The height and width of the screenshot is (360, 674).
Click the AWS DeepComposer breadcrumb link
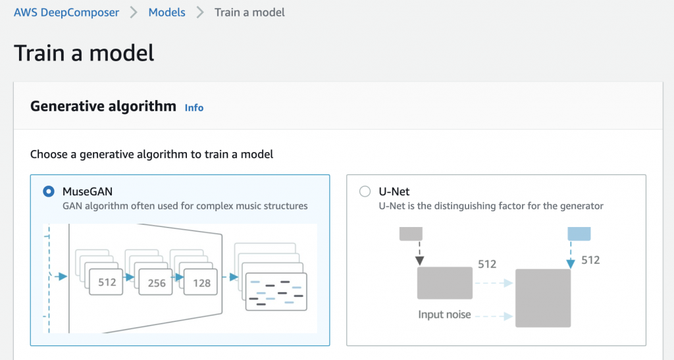(66, 13)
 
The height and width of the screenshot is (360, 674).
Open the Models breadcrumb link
(167, 13)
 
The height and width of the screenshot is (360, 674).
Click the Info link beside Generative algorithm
(194, 108)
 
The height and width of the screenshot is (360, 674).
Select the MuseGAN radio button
(49, 191)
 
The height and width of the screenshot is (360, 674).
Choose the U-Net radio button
(365, 191)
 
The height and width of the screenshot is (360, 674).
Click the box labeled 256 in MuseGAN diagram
(155, 282)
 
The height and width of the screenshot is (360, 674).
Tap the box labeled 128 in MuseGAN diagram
(201, 282)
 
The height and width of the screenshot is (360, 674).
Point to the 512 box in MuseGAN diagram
(106, 282)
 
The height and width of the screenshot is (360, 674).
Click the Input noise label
(444, 315)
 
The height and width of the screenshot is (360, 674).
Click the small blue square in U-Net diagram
(579, 234)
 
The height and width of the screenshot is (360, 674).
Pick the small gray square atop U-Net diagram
(411, 234)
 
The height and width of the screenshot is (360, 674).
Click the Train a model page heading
(84, 53)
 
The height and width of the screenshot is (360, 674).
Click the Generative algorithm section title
(103, 106)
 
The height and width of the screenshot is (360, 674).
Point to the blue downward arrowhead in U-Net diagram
(571, 264)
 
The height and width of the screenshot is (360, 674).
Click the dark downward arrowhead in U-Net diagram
(420, 261)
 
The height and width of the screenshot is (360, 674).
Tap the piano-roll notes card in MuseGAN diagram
(276, 292)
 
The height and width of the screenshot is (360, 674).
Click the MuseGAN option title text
(88, 192)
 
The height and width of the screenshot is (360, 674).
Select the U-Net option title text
(394, 192)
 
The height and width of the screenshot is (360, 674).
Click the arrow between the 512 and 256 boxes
(128, 278)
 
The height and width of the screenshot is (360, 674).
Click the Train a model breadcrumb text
(249, 13)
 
